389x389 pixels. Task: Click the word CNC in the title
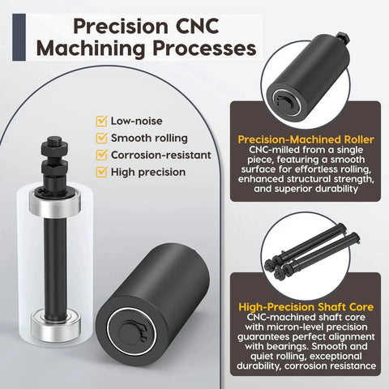click(x=197, y=26)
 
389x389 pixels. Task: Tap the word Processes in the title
click(x=204, y=49)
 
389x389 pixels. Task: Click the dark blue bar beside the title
click(x=19, y=37)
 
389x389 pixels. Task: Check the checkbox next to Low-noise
click(x=101, y=121)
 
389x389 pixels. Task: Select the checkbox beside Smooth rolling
click(x=101, y=138)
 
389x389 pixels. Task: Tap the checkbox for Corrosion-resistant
click(x=101, y=155)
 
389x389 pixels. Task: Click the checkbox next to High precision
click(x=101, y=172)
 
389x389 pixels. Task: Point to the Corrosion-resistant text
click(x=161, y=155)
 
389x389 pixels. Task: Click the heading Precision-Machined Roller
click(x=306, y=139)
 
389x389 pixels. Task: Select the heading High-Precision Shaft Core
click(x=306, y=307)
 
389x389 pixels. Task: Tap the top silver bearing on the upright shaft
click(x=55, y=203)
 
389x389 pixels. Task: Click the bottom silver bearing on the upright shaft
click(x=56, y=324)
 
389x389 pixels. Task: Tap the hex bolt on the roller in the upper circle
click(x=343, y=37)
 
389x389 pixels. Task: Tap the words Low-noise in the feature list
click(x=137, y=121)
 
